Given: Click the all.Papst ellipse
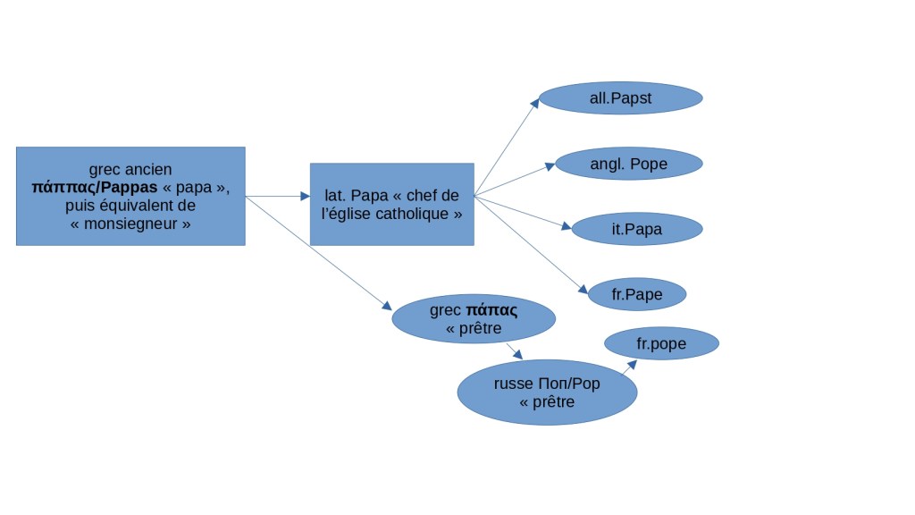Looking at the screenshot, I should click(x=621, y=98).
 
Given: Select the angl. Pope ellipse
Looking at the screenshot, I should click(x=629, y=164).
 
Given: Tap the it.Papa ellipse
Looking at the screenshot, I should click(x=637, y=229).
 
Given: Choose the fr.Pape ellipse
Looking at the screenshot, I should click(x=636, y=293).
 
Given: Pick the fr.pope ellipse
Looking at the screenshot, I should click(x=662, y=343).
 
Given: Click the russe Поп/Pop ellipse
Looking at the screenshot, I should click(x=547, y=393).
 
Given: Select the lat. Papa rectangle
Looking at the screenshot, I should click(x=391, y=204).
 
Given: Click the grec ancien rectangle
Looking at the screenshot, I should click(x=130, y=196).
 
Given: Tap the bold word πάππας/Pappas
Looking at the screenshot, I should click(x=93, y=189).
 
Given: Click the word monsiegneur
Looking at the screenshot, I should click(x=130, y=224).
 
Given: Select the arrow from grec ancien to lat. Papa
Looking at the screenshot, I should click(x=277, y=196).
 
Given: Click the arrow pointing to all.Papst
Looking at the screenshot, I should click(x=506, y=148).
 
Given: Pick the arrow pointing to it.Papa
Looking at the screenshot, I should click(x=522, y=212).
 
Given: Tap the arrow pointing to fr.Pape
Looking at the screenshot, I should click(x=530, y=244).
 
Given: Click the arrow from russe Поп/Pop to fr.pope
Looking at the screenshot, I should click(x=629, y=367).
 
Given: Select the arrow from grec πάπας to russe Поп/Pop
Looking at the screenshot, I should click(x=514, y=350).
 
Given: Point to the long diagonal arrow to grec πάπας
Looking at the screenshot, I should click(x=319, y=253).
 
